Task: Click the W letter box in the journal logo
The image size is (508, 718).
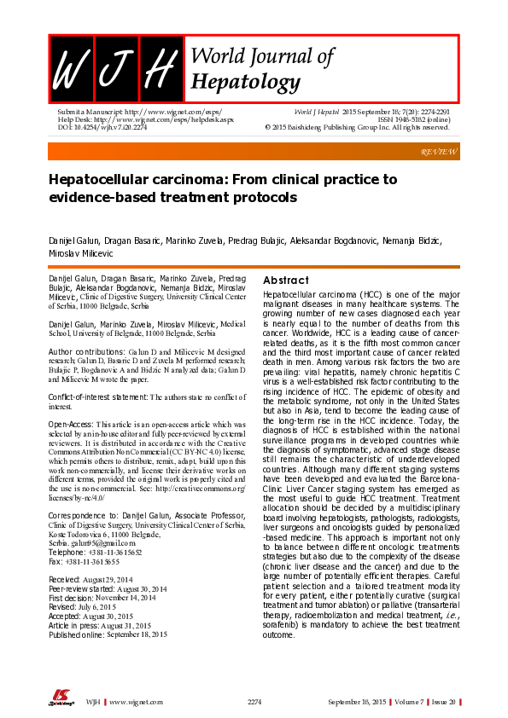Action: tap(71, 67)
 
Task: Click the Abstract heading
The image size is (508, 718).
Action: tap(286, 281)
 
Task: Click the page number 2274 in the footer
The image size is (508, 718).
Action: tap(254, 701)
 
